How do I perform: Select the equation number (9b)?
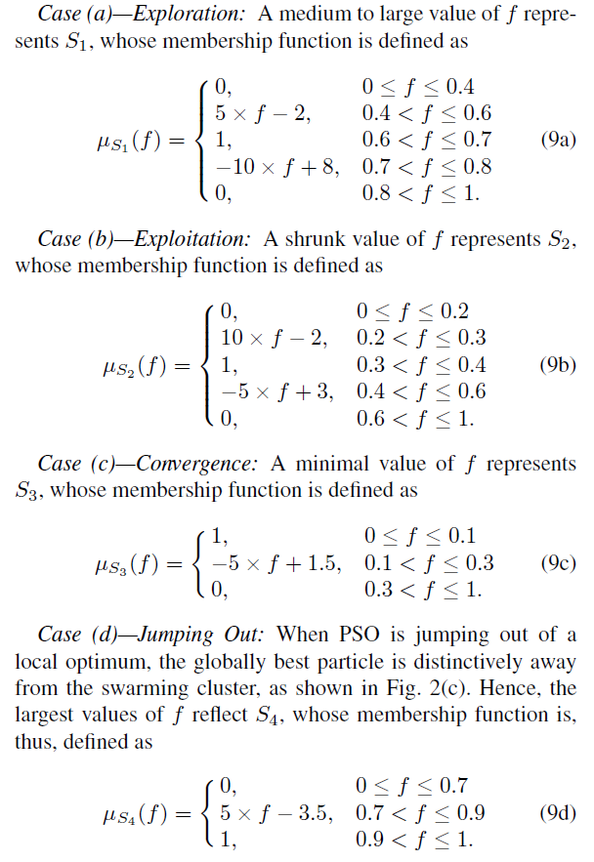[x=558, y=366]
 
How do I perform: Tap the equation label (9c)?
[x=558, y=564]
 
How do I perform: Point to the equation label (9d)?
[x=558, y=812]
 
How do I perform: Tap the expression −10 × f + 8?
[x=277, y=166]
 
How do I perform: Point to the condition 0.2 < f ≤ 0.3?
[x=422, y=338]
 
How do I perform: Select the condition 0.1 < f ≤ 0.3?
[x=427, y=563]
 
